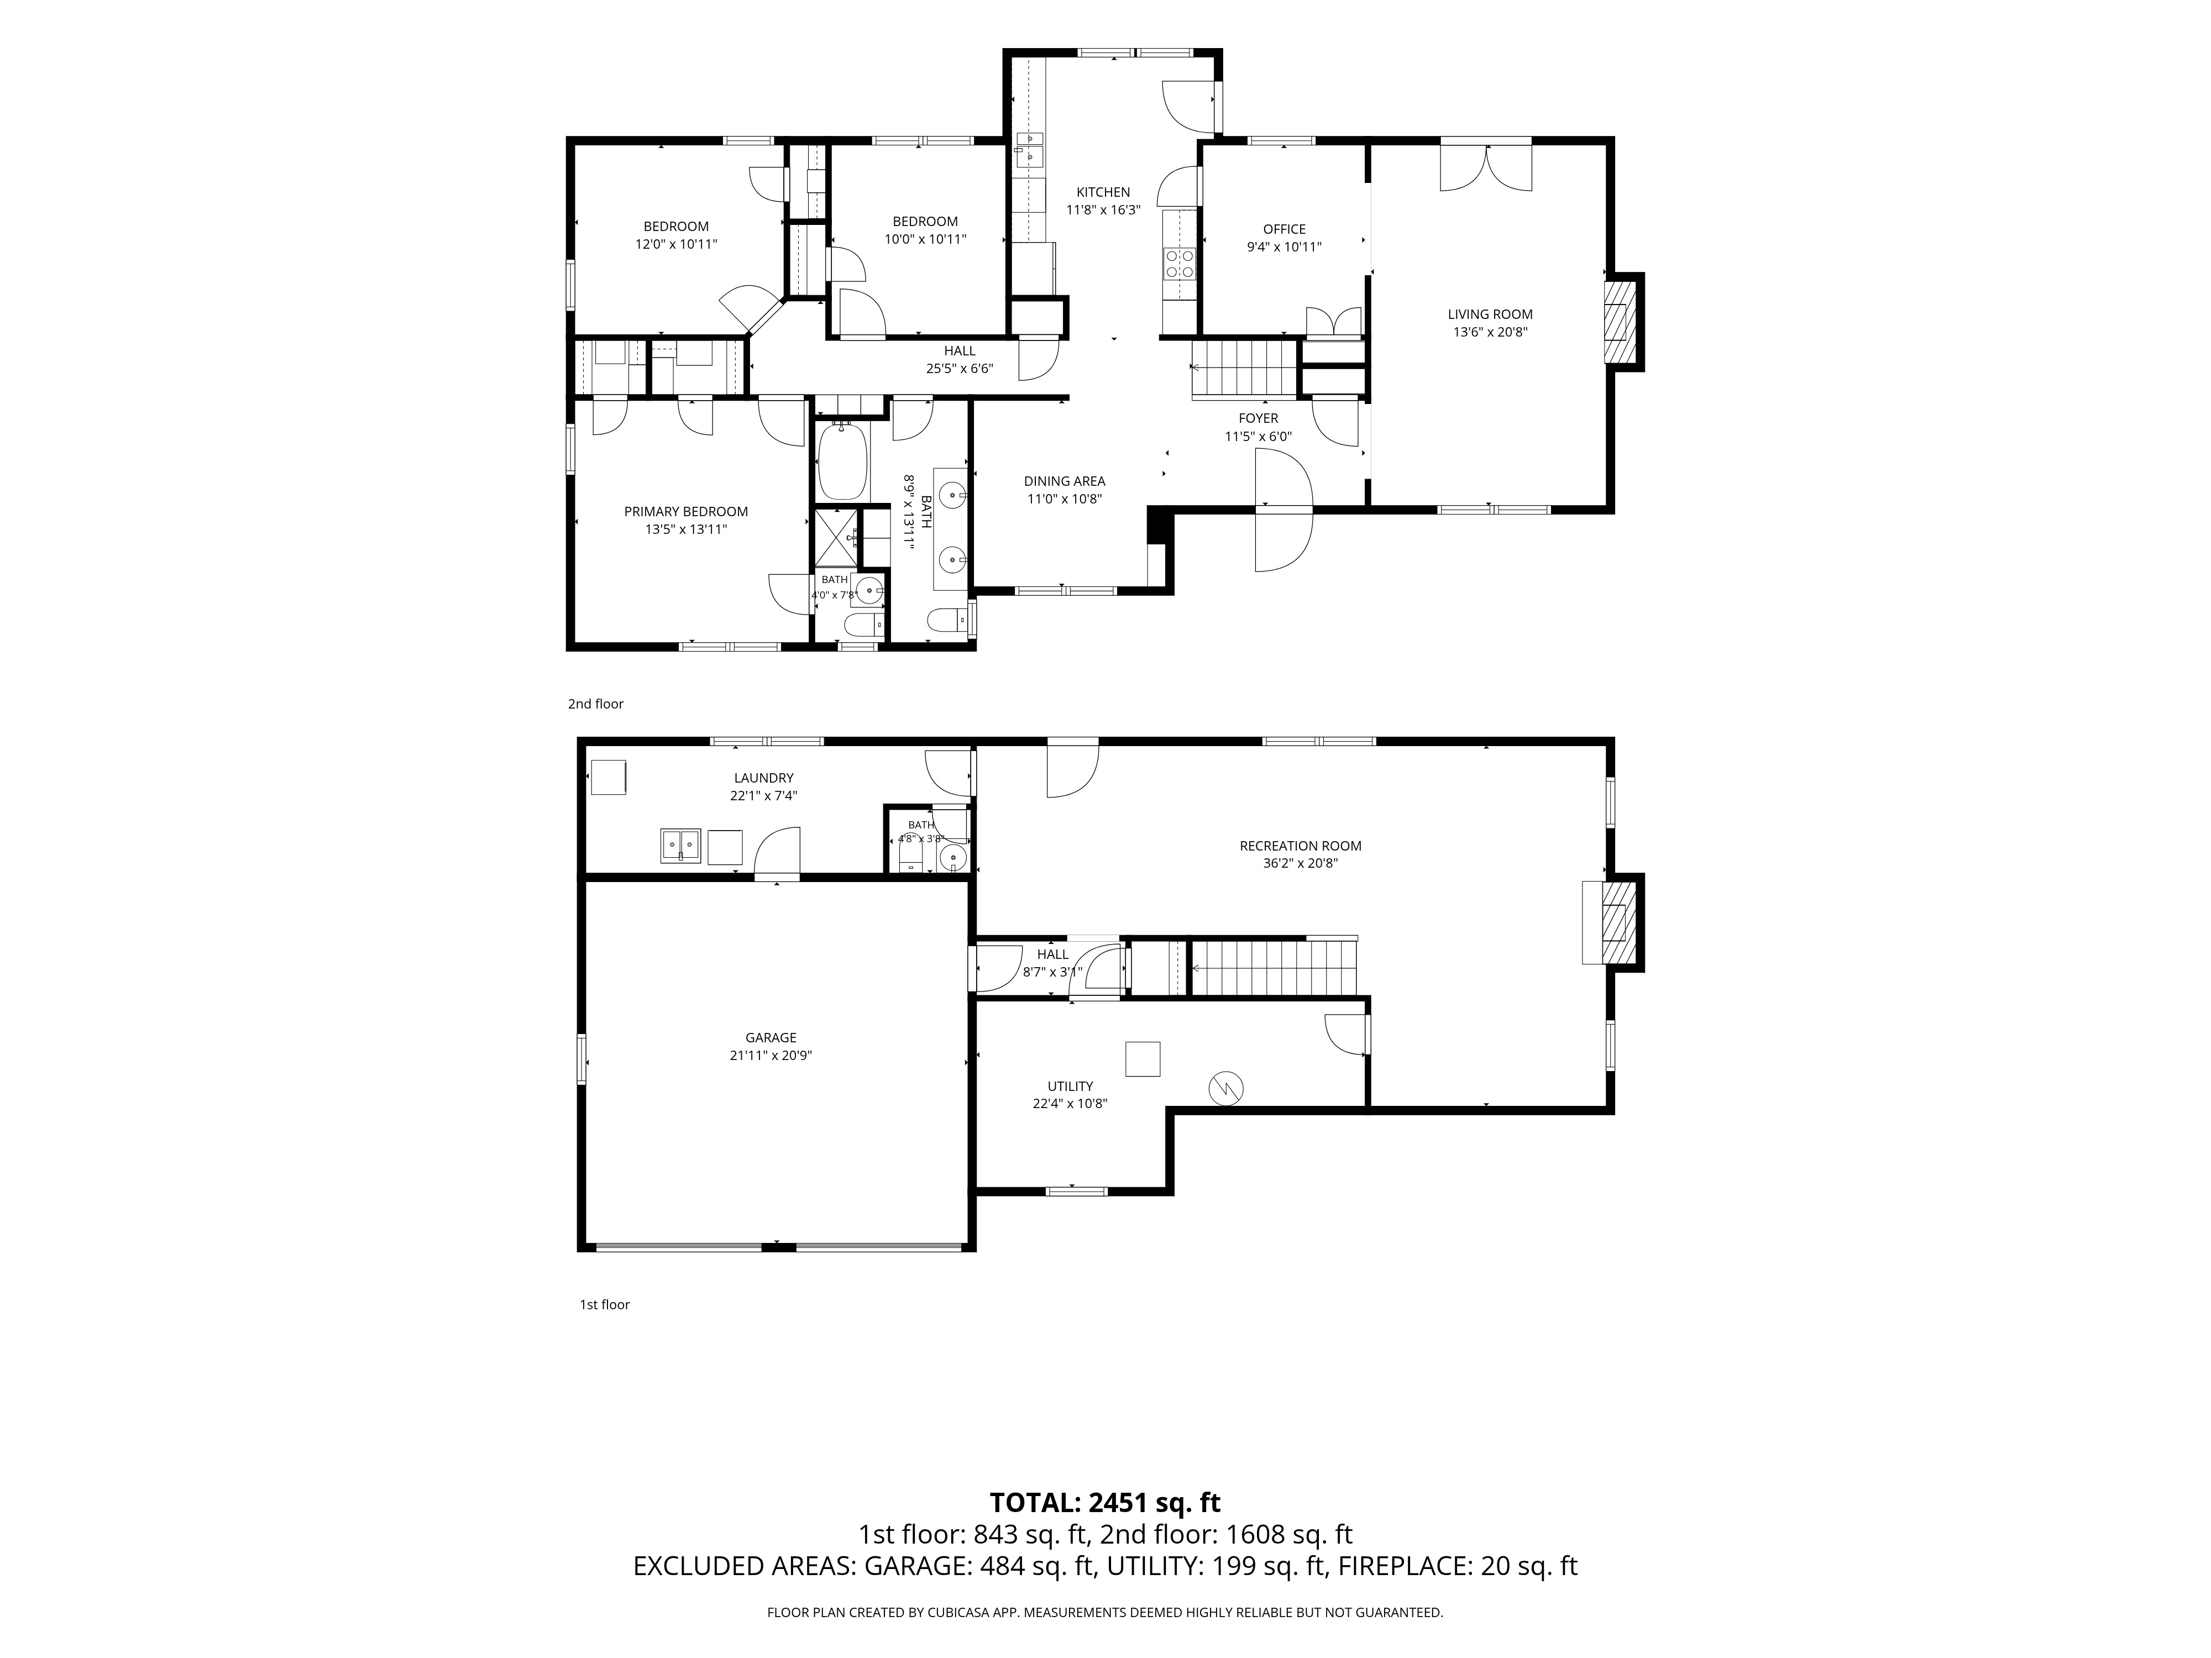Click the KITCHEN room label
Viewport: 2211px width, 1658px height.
(1103, 192)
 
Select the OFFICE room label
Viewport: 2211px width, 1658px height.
(1285, 229)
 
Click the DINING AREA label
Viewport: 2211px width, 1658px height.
(1065, 481)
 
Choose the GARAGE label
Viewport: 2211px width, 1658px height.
(771, 1037)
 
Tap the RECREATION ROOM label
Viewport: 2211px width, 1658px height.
(1301, 846)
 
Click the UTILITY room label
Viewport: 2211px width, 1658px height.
(1071, 1087)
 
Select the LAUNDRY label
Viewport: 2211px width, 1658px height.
(764, 778)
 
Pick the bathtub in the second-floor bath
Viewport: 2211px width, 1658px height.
(842, 461)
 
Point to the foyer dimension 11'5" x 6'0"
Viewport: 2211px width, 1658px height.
(1259, 436)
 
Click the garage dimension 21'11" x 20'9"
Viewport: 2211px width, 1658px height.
(771, 1056)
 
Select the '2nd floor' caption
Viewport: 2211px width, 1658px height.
(596, 704)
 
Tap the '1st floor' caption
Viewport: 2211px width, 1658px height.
(605, 1304)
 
